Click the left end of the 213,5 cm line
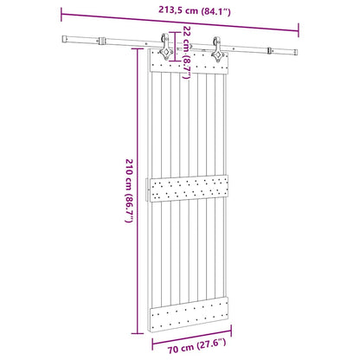(x=63, y=10)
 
